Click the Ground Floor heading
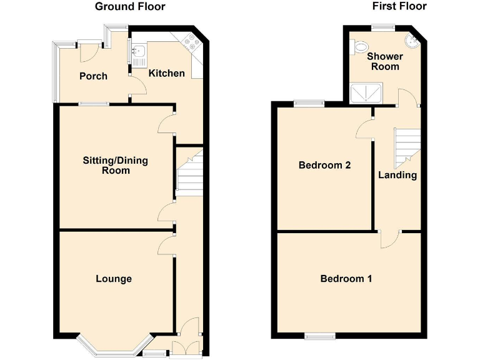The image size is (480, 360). click(x=130, y=7)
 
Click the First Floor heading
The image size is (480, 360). click(x=399, y=6)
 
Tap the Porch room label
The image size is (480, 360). click(x=93, y=76)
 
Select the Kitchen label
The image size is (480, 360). click(x=166, y=73)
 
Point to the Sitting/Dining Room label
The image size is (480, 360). click(x=116, y=165)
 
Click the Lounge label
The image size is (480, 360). click(x=114, y=279)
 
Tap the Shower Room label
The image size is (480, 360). click(x=385, y=61)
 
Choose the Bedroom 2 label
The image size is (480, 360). click(x=324, y=166)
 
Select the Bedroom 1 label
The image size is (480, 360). click(x=346, y=279)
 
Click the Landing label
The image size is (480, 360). click(x=397, y=175)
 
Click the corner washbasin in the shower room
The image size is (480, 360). click(x=411, y=42)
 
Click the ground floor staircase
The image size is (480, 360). click(x=189, y=174)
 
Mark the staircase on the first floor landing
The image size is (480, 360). click(x=406, y=146)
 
